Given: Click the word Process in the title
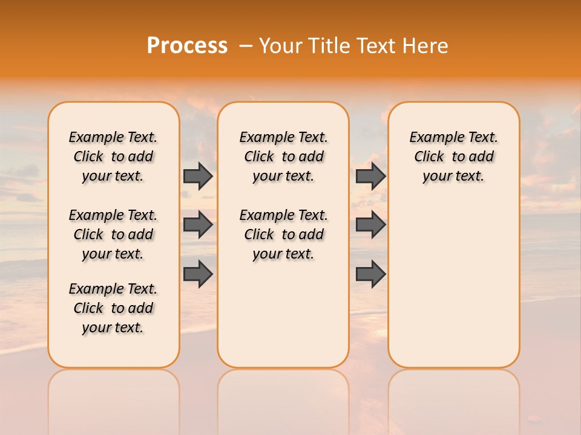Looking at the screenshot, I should tap(187, 46).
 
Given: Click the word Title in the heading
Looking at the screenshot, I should tap(326, 46).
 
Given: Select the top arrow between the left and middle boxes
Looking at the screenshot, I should tap(198, 176).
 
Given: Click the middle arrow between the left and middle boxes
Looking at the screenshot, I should tap(198, 225).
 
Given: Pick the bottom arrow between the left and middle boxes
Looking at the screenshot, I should tap(198, 274).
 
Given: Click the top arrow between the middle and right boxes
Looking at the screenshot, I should tap(370, 176).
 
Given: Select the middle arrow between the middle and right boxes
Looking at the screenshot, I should tap(370, 225).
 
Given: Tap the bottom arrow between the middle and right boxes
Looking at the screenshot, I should tap(370, 274).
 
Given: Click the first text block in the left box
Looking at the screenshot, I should tap(113, 156).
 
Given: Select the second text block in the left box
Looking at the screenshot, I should tap(113, 234).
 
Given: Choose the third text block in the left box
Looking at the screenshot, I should tap(113, 308).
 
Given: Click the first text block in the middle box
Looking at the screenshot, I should tap(283, 156).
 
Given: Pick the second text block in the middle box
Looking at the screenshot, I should tap(283, 234).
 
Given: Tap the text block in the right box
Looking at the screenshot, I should tap(453, 156).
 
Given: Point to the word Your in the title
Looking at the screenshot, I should tap(278, 46).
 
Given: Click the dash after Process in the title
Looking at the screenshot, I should tap(246, 46).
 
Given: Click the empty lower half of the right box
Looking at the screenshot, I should tap(453, 290).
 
